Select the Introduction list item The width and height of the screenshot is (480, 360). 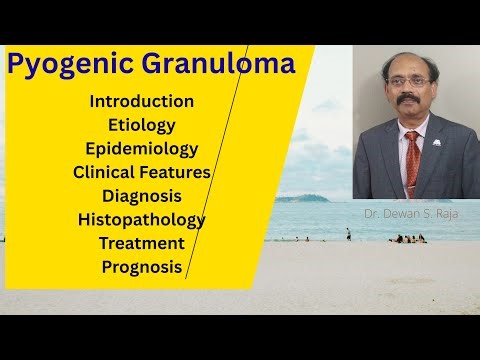142,101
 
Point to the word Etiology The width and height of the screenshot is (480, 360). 142,125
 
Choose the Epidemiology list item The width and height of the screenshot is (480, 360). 142,149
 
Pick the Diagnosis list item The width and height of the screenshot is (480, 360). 142,196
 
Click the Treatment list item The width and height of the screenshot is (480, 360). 142,243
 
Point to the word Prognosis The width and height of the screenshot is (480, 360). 142,267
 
